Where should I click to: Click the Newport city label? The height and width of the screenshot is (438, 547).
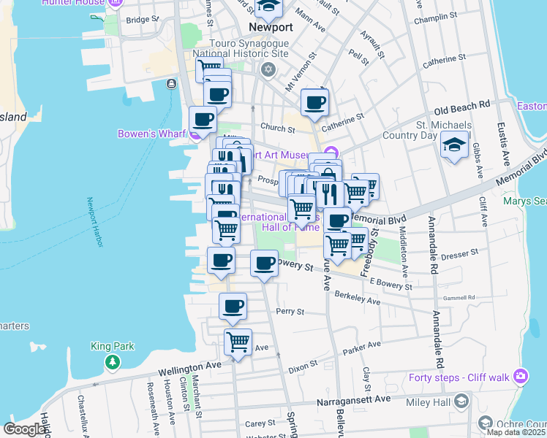(x=270, y=27)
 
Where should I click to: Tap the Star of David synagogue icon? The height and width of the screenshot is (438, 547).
(x=268, y=69)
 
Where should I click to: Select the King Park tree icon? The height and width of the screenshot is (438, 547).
(x=112, y=361)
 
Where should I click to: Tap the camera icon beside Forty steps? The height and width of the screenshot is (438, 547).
(x=521, y=376)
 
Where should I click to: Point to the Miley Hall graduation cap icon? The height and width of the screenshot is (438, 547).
(x=461, y=401)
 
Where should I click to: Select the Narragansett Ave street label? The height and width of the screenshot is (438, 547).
(x=354, y=401)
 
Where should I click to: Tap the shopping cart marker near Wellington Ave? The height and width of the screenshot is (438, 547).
(x=238, y=341)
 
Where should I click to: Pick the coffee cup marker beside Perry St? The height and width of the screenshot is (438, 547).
(x=233, y=306)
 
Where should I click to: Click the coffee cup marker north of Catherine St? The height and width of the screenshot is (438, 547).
(x=314, y=102)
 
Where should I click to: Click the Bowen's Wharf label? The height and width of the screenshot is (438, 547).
(x=153, y=134)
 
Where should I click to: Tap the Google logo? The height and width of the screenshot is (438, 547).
(x=25, y=429)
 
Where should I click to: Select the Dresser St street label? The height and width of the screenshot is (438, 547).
(x=459, y=252)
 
